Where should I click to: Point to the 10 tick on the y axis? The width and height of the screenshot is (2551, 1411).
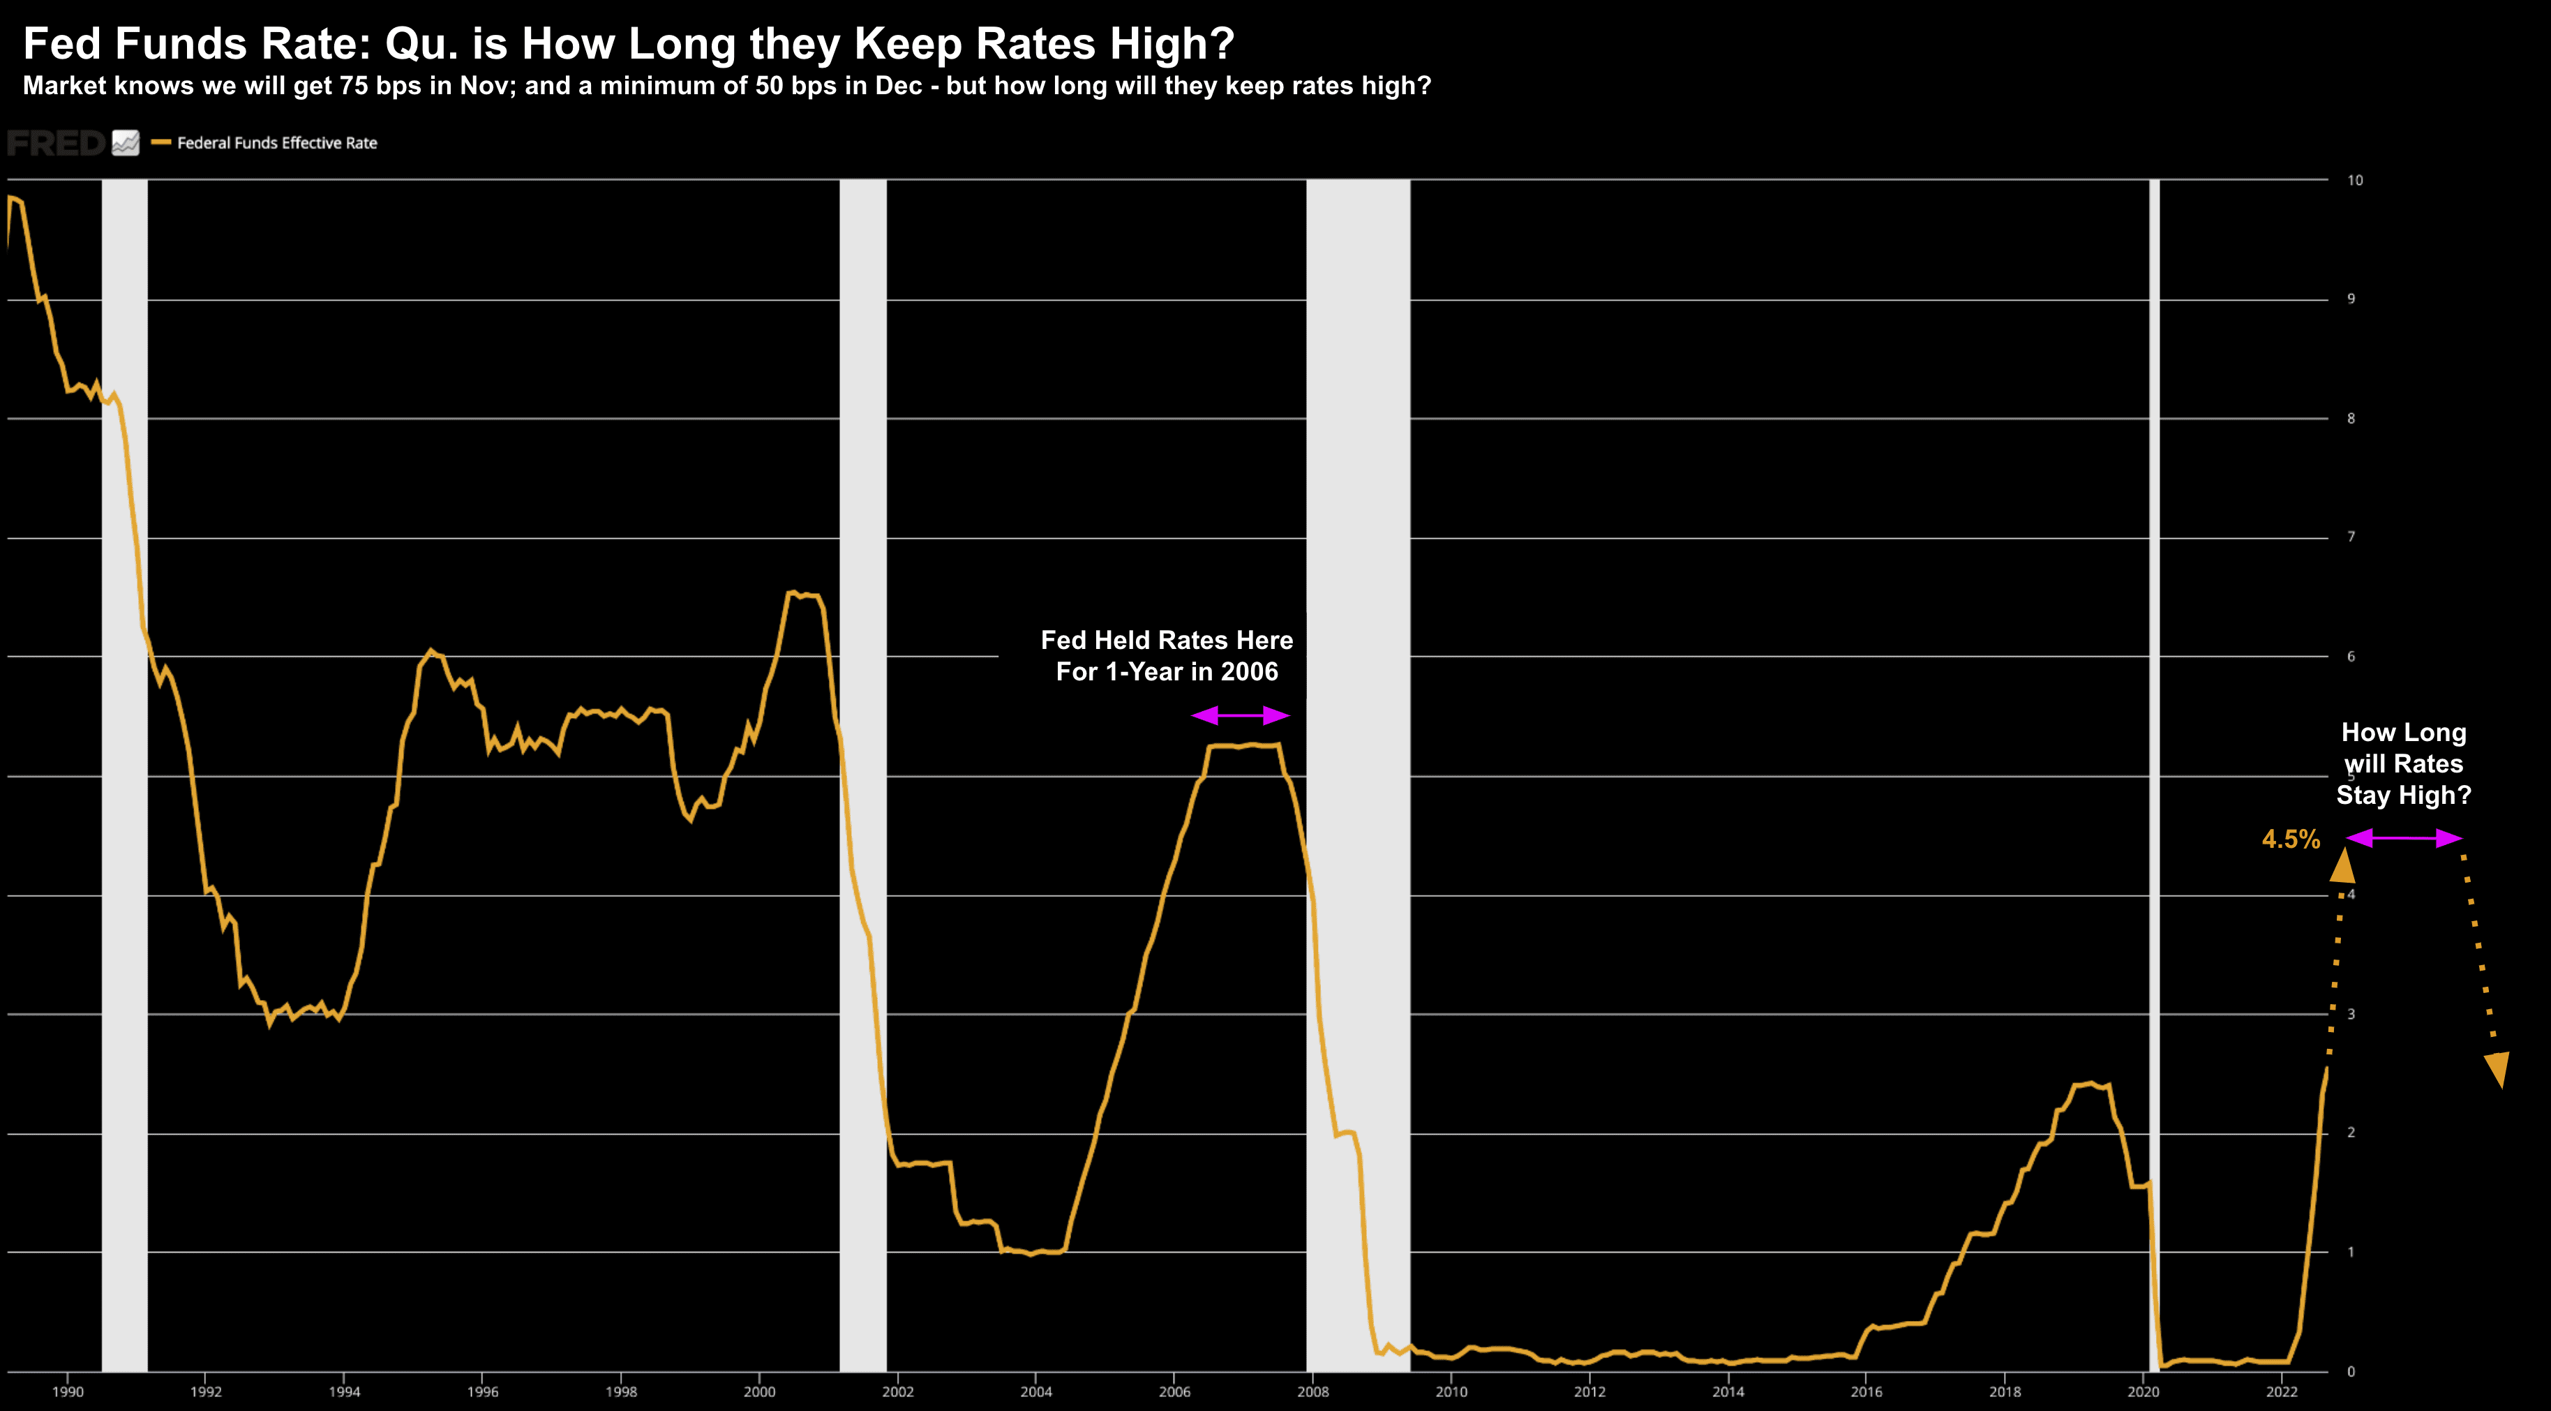(2354, 180)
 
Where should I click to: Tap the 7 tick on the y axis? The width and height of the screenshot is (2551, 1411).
(2351, 537)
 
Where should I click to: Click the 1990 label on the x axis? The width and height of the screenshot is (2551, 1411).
(68, 1391)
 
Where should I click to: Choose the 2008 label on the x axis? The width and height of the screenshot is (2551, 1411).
(1312, 1391)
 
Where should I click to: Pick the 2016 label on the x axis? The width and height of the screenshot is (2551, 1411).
(1866, 1391)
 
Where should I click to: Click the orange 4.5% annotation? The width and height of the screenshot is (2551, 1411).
(2291, 839)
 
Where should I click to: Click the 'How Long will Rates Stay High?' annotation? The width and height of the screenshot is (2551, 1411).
(2404, 763)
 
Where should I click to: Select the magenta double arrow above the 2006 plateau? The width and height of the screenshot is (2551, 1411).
(1240, 715)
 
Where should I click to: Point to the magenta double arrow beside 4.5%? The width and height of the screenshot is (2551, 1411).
(2404, 839)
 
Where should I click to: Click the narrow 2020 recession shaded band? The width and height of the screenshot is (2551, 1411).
(2154, 772)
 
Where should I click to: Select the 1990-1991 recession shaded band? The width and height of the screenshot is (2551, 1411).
(125, 772)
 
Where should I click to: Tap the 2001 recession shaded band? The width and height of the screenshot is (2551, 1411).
(862, 772)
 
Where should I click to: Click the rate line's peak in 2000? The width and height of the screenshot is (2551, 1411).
(792, 592)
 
